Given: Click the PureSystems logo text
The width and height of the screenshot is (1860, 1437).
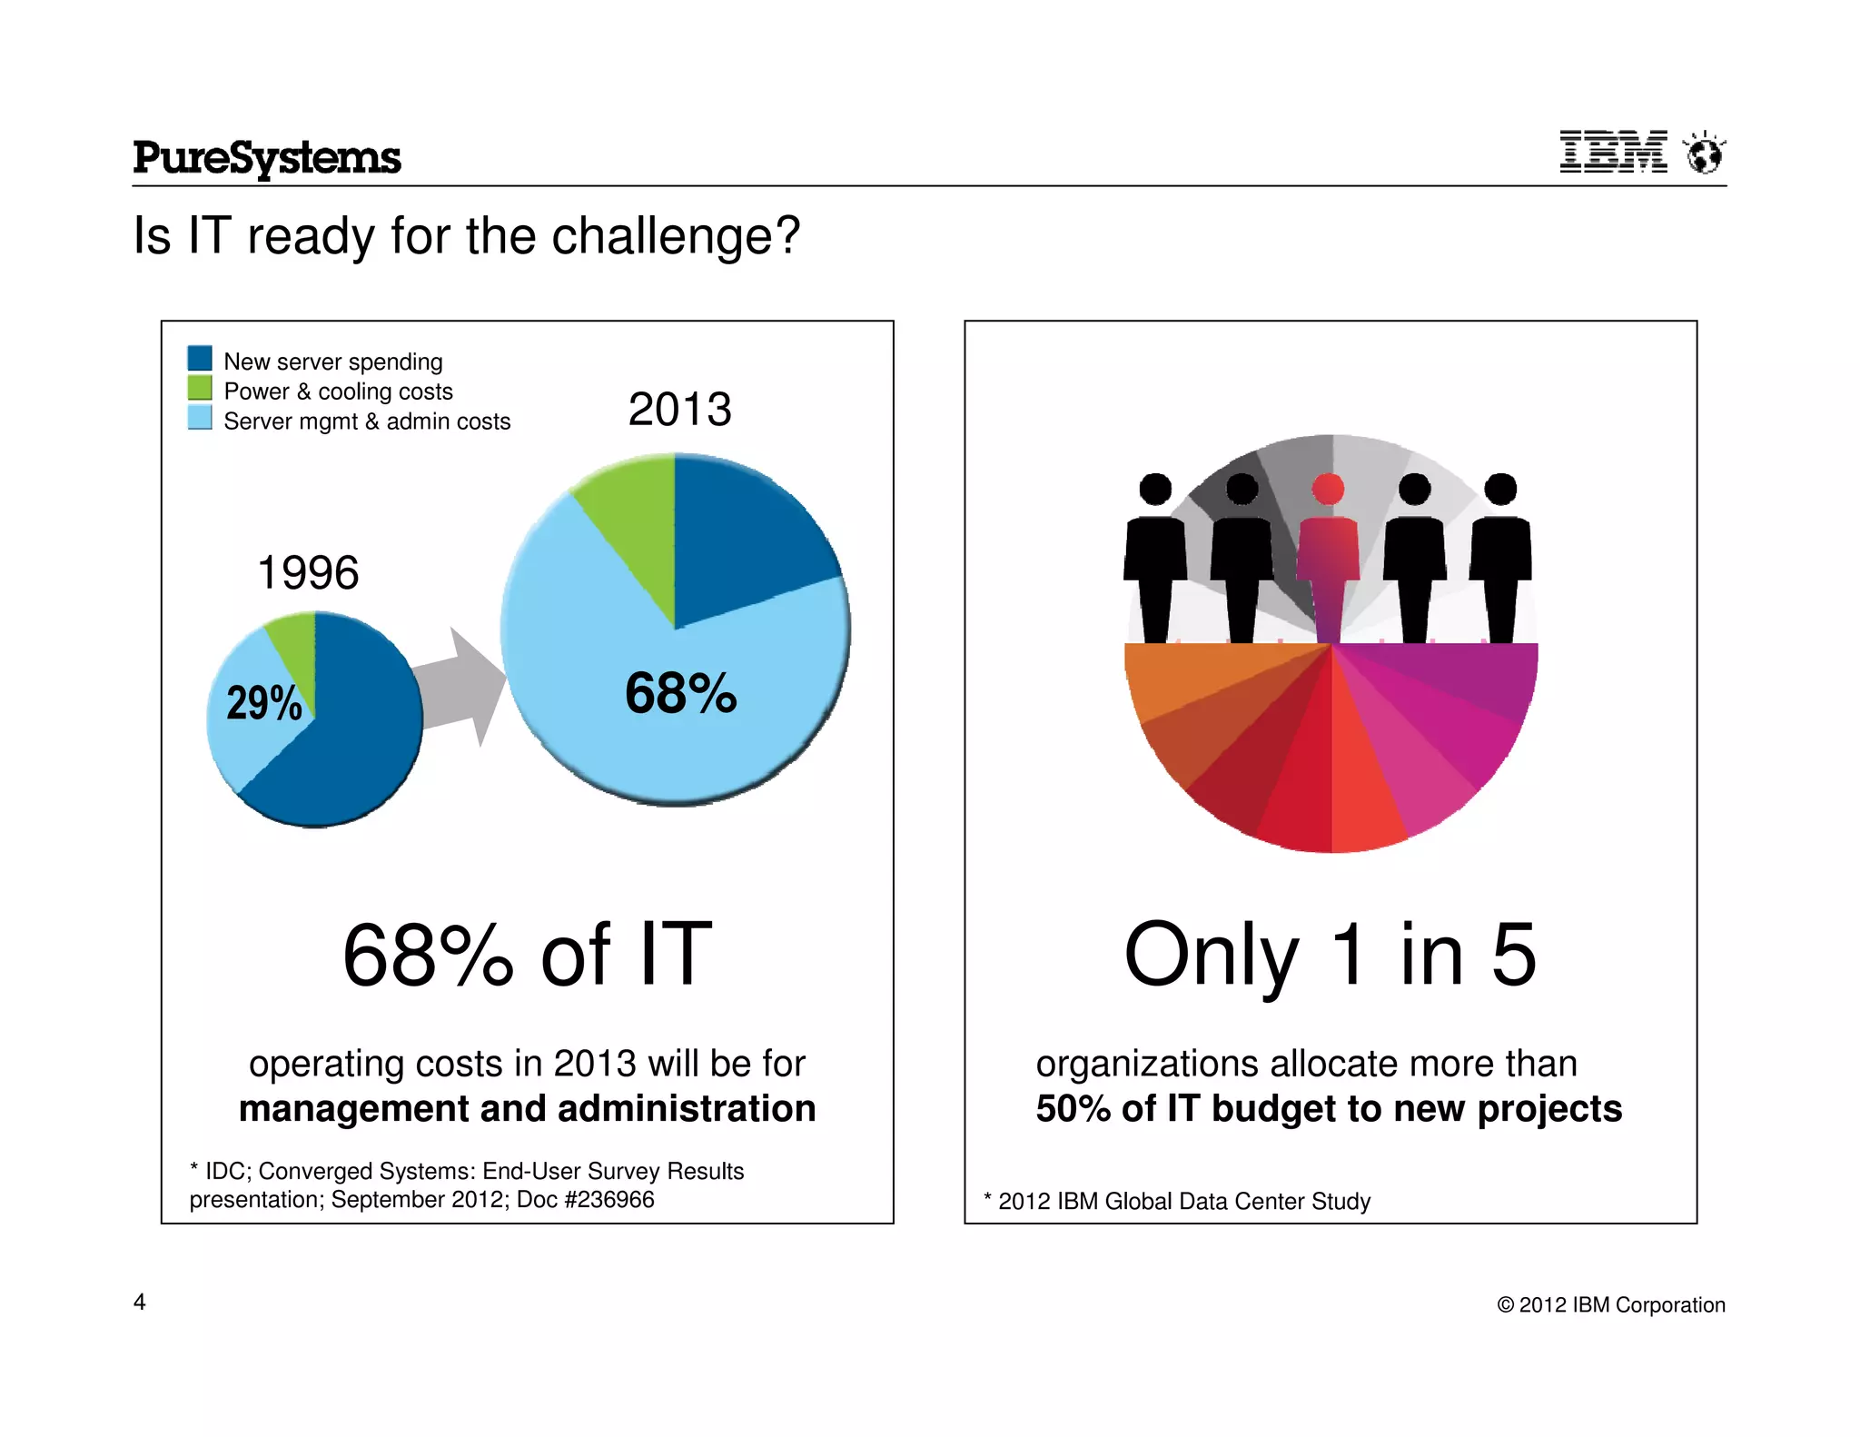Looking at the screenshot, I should pyautogui.click(x=266, y=158).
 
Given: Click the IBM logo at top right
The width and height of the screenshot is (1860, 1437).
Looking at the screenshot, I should pyautogui.click(x=1613, y=152).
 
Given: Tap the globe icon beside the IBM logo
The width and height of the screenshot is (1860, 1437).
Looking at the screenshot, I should pyautogui.click(x=1704, y=153).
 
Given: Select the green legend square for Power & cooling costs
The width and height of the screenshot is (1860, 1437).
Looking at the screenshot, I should pyautogui.click(x=200, y=389).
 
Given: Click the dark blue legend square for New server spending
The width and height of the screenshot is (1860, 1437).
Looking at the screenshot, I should pyautogui.click(x=200, y=358).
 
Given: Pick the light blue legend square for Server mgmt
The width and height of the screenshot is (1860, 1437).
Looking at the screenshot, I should pyautogui.click(x=200, y=418).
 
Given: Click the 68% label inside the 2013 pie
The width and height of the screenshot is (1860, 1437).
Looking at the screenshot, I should pyautogui.click(x=680, y=694).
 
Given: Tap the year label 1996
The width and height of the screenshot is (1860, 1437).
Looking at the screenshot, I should pyautogui.click(x=308, y=573).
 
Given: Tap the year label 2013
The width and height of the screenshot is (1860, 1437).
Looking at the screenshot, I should pyautogui.click(x=679, y=410).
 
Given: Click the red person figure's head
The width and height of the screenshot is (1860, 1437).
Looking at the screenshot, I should pyautogui.click(x=1328, y=489).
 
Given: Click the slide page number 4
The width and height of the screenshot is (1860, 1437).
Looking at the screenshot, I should pyautogui.click(x=140, y=1302).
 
